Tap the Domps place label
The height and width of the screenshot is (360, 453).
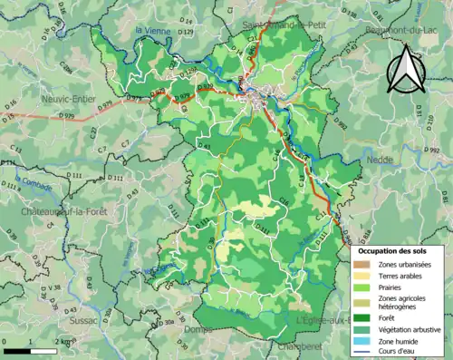coord(198,329)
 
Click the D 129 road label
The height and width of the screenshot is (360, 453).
coord(186,34)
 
